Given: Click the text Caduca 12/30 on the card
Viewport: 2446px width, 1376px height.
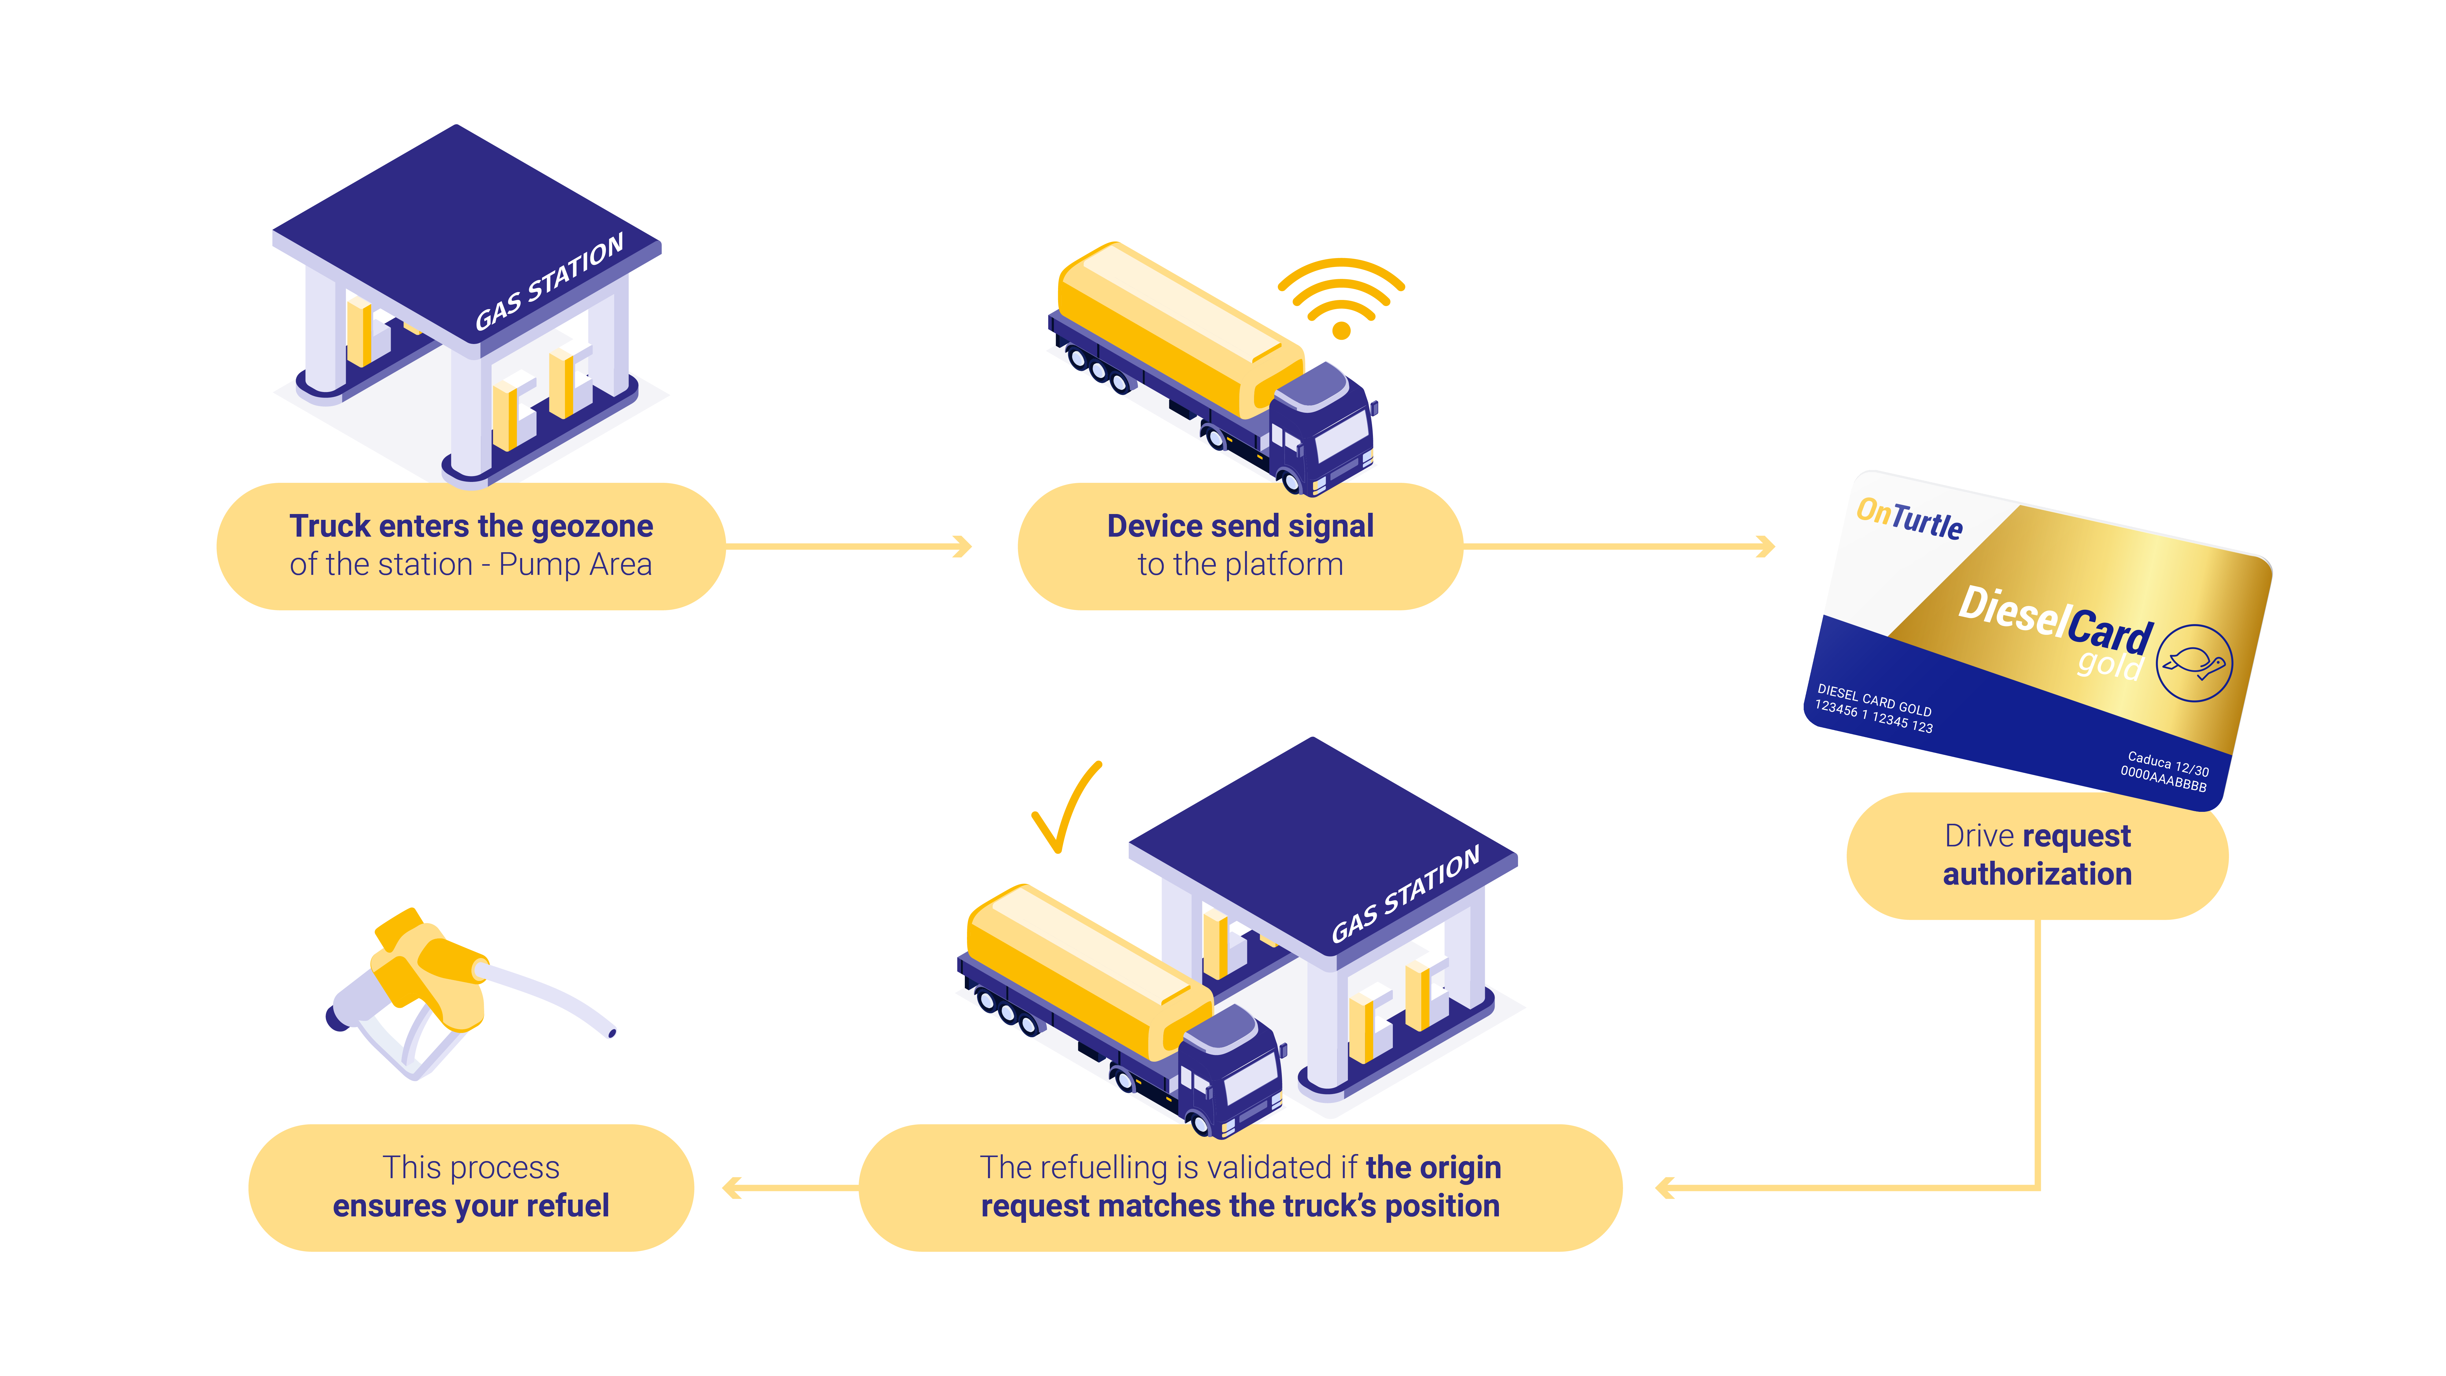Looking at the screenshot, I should [2168, 763].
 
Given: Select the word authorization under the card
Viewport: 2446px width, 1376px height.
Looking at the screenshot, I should [2037, 874].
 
